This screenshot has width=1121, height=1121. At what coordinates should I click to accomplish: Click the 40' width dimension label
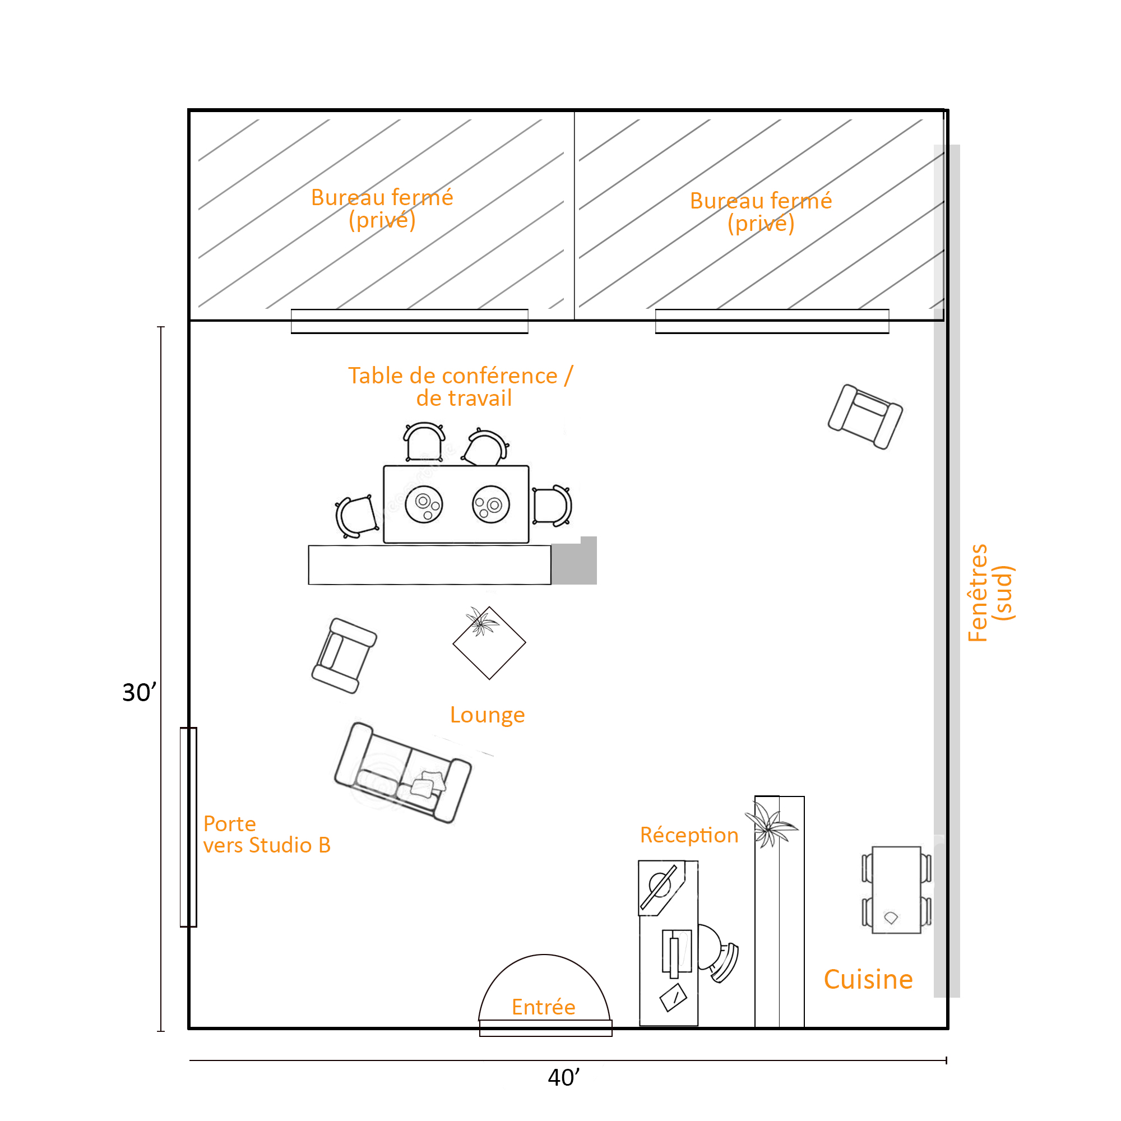tap(563, 1077)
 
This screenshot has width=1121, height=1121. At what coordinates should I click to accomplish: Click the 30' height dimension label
tap(138, 692)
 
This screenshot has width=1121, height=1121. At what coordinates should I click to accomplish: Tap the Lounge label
tap(488, 715)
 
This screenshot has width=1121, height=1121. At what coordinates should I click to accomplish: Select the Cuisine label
tap(868, 979)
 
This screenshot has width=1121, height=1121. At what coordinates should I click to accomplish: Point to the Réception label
tap(689, 835)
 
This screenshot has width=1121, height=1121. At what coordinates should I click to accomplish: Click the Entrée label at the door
tap(543, 1007)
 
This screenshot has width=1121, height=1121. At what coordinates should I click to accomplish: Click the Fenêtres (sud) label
tap(990, 592)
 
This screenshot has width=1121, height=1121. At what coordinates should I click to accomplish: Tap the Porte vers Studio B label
tap(267, 835)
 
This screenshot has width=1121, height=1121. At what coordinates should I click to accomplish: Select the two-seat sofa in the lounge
tap(402, 772)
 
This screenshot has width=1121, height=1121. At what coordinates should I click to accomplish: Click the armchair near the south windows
tap(865, 416)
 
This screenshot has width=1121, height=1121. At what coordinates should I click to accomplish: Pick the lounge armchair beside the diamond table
tap(344, 656)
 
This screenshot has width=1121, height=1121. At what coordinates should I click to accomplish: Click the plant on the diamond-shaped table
tap(481, 622)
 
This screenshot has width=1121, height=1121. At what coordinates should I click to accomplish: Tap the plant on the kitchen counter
tap(771, 824)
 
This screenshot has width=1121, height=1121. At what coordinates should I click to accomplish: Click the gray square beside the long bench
tap(574, 561)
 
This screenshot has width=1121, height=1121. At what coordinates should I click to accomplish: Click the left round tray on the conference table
tap(424, 504)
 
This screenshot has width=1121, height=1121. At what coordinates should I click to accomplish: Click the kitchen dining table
tap(896, 890)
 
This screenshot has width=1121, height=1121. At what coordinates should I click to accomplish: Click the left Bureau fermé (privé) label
tap(382, 209)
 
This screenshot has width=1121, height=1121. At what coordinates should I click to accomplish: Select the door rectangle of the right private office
tap(772, 321)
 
